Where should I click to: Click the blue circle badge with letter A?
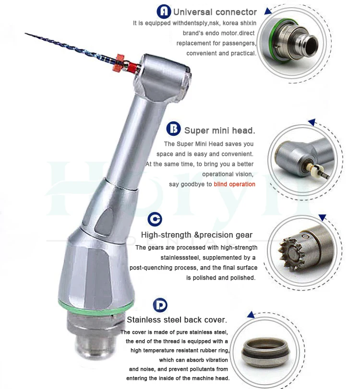coord(164,12)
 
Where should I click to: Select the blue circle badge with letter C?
coord(155,219)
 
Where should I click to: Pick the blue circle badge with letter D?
coord(160,305)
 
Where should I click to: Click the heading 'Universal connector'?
coord(215,12)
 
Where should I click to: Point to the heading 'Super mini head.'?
coord(220,130)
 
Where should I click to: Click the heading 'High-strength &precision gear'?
coord(197,235)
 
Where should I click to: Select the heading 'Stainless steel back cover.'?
coord(177,320)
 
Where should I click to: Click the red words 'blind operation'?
coord(235,184)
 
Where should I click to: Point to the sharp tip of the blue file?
coord(27,34)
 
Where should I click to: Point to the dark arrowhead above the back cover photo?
coord(250,315)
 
